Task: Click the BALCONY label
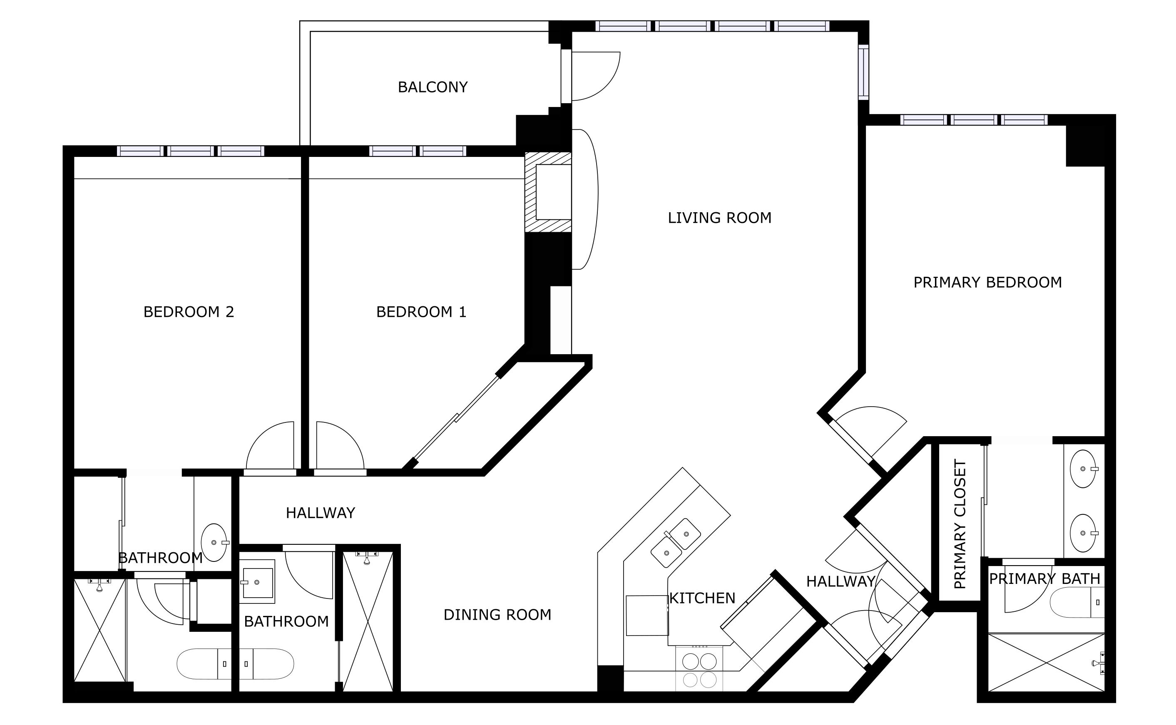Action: (433, 87)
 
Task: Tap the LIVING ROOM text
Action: (719, 218)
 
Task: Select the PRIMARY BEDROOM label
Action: (987, 283)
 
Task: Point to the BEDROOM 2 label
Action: (189, 312)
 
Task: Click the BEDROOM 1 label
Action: (421, 312)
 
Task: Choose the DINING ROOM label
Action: (497, 615)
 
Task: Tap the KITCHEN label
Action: (702, 598)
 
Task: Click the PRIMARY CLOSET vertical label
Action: (960, 524)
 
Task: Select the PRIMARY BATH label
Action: (1044, 579)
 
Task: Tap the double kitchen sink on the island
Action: (675, 543)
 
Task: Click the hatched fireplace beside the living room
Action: (548, 192)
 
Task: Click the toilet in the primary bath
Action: (1077, 602)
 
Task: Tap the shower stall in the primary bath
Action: (1047, 662)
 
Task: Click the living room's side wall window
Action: (863, 72)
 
